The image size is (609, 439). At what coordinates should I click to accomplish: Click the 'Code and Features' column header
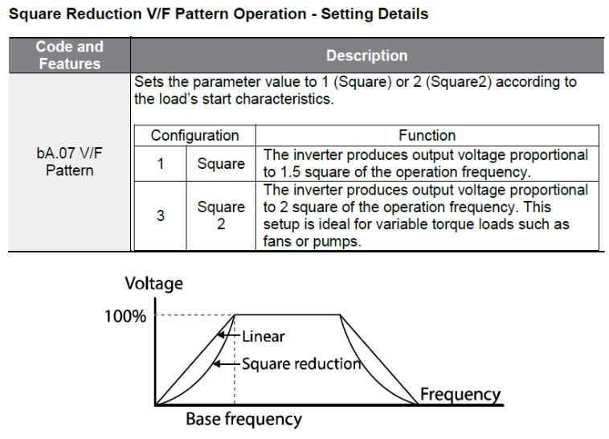click(69, 55)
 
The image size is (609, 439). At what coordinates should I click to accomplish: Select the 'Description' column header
click(366, 55)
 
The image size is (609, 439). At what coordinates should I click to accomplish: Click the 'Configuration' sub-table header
click(194, 136)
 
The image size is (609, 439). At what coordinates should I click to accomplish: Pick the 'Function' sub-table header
click(427, 136)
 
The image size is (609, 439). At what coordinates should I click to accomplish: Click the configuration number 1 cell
click(161, 164)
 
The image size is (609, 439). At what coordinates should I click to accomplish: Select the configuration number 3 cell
click(161, 215)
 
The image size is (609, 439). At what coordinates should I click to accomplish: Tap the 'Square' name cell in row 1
click(221, 164)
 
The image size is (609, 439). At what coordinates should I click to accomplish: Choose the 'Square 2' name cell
click(221, 215)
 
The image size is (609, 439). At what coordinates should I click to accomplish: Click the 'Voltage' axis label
click(153, 283)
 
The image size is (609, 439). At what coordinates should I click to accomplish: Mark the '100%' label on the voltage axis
click(125, 316)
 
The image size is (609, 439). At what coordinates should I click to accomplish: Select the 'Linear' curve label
click(264, 336)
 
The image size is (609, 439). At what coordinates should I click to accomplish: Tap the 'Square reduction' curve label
click(301, 363)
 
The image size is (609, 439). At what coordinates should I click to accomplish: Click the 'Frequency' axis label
click(460, 394)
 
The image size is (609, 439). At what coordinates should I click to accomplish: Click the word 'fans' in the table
click(276, 242)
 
